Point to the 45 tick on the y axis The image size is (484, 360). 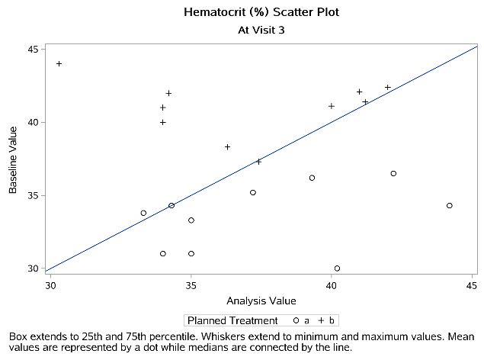(34, 49)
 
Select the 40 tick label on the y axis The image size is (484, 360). (34, 122)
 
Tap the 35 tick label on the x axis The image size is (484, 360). (191, 286)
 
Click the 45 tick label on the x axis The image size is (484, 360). (471, 286)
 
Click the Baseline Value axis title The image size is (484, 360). (13, 159)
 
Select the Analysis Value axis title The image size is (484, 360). (260, 301)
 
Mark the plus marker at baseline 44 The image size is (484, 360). (59, 63)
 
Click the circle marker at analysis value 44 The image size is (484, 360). (450, 205)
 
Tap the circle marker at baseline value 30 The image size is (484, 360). (337, 268)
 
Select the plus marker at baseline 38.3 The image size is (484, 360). (227, 146)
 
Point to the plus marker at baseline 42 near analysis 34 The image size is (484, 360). (168, 93)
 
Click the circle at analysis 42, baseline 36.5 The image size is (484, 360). (393, 173)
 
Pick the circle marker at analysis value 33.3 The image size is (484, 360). (143, 213)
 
